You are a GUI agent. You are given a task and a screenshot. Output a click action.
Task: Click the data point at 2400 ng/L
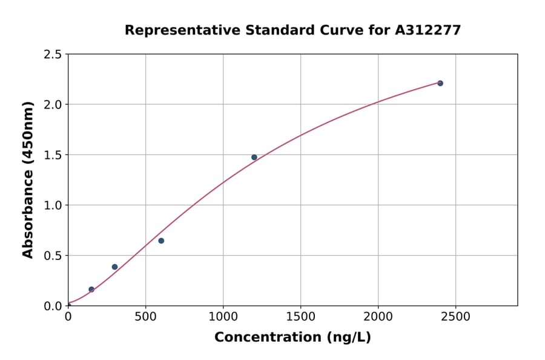coord(440,83)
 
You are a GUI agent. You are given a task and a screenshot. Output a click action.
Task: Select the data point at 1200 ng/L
coord(254,158)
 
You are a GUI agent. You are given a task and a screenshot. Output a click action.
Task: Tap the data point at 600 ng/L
coord(161,241)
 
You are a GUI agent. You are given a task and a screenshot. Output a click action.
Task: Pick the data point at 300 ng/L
coord(114,267)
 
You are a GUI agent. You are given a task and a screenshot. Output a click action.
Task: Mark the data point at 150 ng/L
coord(91,290)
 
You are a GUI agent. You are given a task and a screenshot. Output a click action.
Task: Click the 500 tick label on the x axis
coord(145,317)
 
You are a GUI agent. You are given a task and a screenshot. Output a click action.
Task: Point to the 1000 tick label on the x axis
coord(223,317)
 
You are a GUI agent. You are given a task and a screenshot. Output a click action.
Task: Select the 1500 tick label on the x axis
coord(300,317)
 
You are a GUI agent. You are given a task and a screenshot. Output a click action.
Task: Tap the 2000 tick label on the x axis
coord(378,317)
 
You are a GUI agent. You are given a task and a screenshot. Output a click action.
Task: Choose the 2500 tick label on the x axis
coord(455,317)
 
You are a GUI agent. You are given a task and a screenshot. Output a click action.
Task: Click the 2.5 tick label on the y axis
coord(53,55)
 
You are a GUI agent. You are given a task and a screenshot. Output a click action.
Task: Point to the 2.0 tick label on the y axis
coord(53,105)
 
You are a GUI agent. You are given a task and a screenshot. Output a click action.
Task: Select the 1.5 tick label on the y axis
coord(53,155)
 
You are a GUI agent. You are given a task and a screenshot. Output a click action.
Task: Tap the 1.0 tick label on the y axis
coord(53,205)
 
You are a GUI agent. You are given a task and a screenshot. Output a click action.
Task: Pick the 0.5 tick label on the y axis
coord(53,256)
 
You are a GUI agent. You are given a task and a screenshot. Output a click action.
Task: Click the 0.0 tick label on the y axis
coord(53,306)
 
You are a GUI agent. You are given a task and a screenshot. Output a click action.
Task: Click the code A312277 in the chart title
coord(428,30)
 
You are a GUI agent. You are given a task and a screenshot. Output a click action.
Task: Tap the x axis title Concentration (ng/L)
coord(292,337)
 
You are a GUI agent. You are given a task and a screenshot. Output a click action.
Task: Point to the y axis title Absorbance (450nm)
coord(28,180)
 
